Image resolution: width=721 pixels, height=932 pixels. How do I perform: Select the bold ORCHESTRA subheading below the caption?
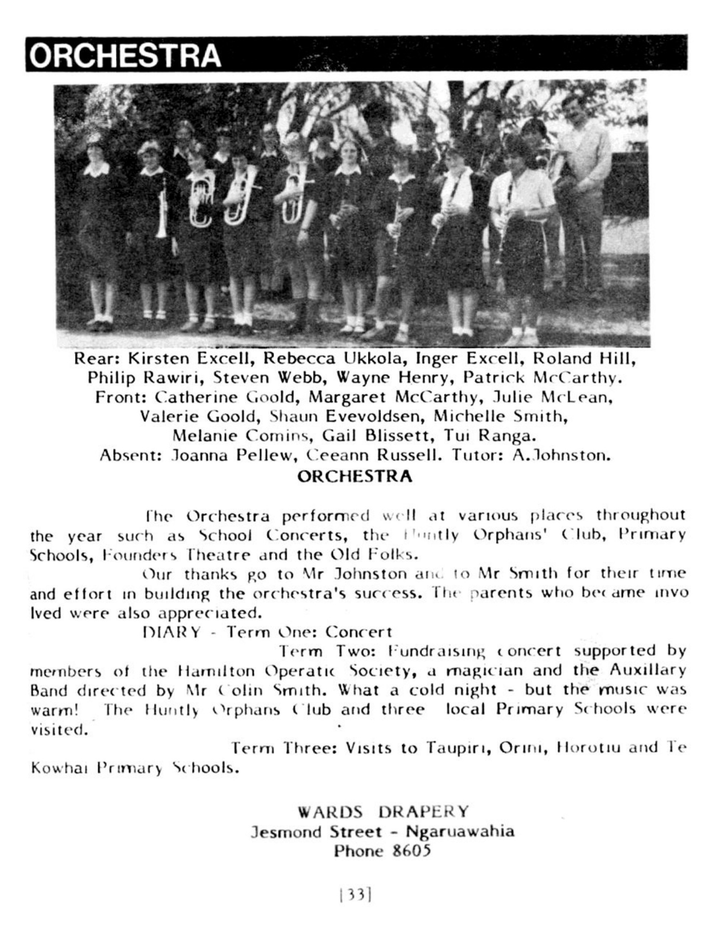coord(355,476)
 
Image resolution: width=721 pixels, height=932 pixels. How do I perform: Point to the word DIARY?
coord(172,632)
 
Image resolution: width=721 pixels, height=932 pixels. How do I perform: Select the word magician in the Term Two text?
coord(490,671)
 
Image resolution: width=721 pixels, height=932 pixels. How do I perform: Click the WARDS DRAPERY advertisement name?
coord(384,811)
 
